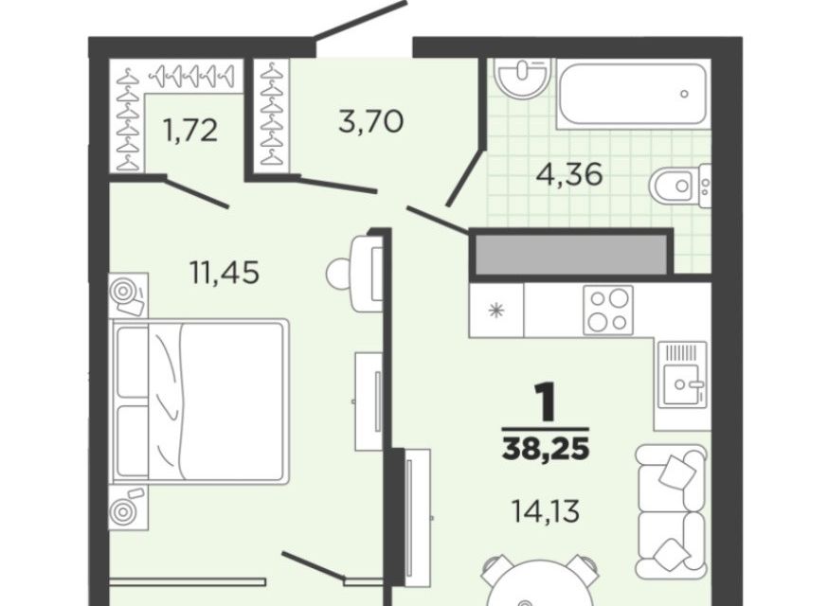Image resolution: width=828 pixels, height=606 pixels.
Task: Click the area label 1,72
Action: (x=191, y=131)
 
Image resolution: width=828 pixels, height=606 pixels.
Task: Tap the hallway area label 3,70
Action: (x=370, y=121)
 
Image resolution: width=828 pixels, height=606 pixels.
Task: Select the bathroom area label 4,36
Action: (x=569, y=173)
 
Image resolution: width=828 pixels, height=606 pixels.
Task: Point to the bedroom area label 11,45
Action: (x=225, y=273)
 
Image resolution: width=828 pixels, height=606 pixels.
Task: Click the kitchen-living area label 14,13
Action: (x=546, y=510)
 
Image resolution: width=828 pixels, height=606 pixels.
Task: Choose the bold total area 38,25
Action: (x=546, y=449)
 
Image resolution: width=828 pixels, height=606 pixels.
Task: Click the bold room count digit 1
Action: (x=546, y=402)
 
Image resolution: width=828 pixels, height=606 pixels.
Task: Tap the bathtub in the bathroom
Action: (x=632, y=94)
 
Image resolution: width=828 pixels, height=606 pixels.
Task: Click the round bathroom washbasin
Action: (x=523, y=78)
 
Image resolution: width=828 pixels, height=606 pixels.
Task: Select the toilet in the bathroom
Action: (x=680, y=186)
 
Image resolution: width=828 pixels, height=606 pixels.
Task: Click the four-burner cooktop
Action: (x=608, y=311)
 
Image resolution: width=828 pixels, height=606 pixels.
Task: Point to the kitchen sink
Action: (x=682, y=374)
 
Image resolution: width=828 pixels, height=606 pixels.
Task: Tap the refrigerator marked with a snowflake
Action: (x=496, y=311)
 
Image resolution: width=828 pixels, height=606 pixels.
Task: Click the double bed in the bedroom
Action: (x=200, y=401)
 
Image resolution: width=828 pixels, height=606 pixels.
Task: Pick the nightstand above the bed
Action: (x=129, y=294)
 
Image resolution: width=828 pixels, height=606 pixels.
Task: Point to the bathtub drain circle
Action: (x=684, y=94)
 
